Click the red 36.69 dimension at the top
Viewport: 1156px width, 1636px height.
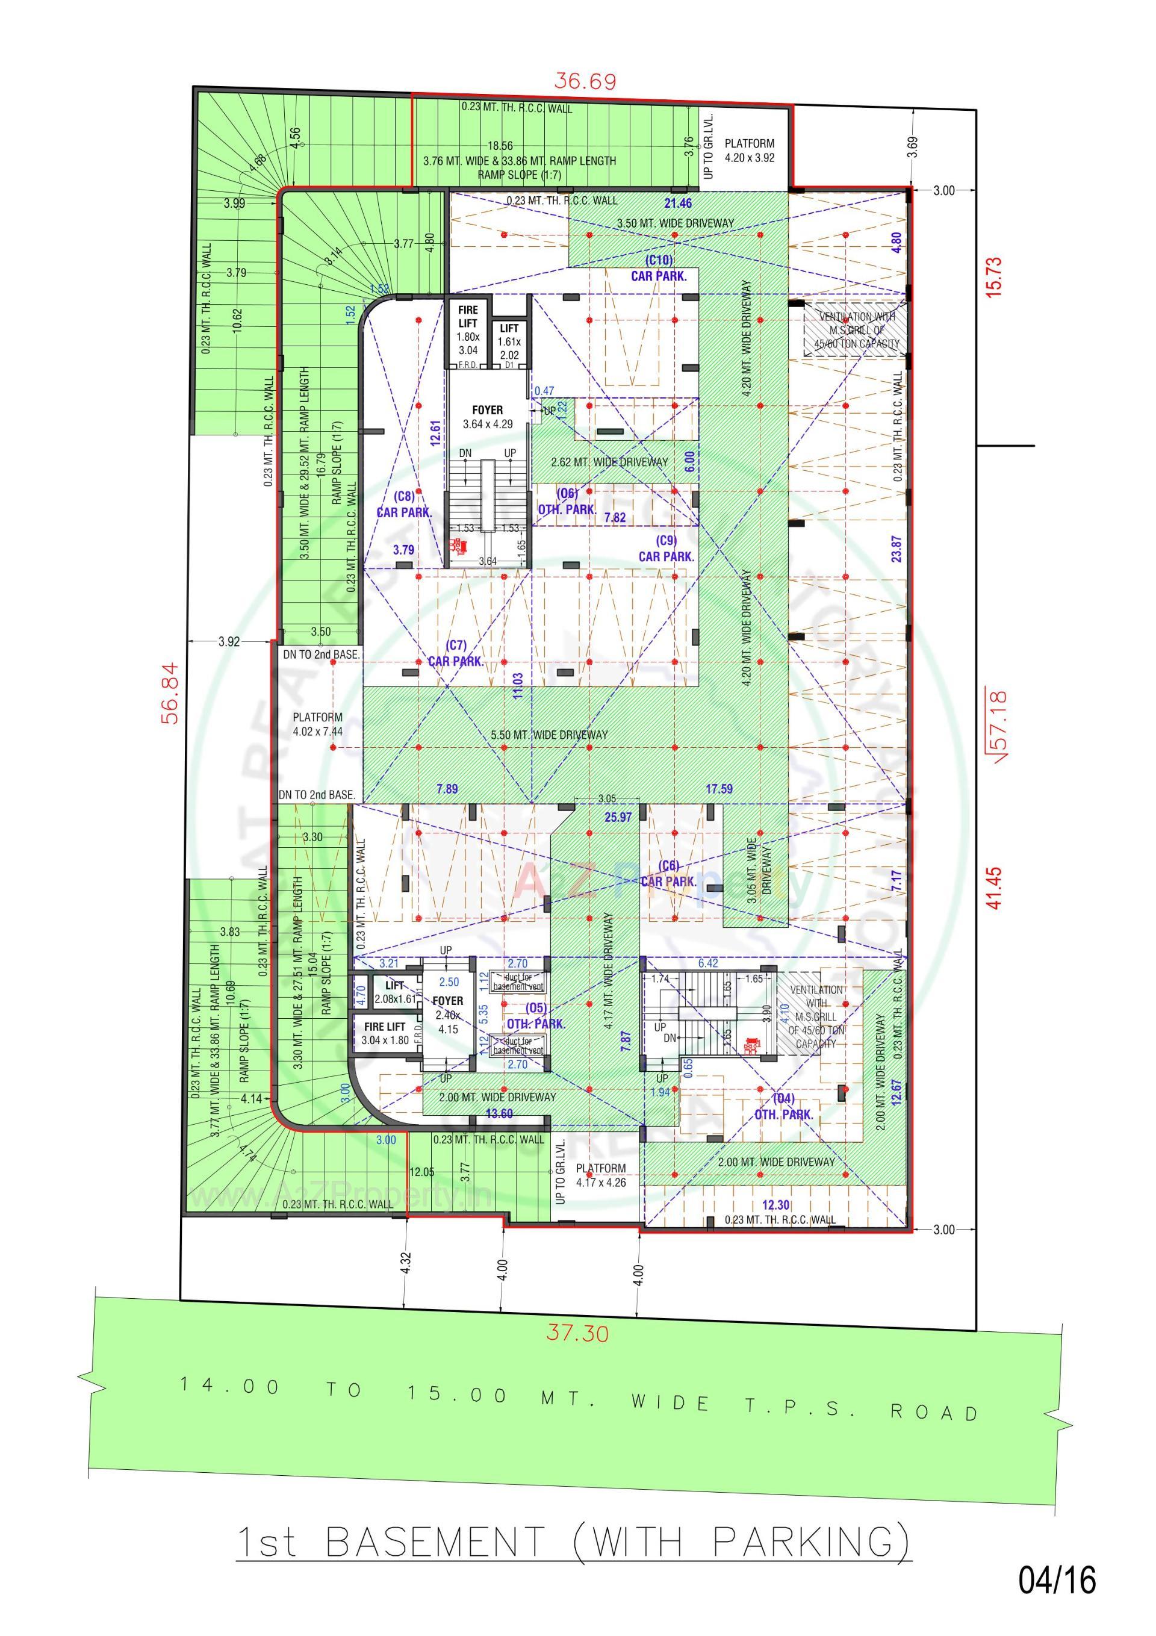(x=585, y=81)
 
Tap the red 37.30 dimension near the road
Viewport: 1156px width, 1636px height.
(x=577, y=1332)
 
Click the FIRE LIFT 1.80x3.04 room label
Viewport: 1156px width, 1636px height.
(x=468, y=330)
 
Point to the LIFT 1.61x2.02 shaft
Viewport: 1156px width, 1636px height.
(x=509, y=341)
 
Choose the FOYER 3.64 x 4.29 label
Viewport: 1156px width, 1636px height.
(x=488, y=417)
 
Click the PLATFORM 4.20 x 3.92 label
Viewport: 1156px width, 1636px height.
(x=749, y=151)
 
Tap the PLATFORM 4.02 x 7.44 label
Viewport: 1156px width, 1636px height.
(x=317, y=724)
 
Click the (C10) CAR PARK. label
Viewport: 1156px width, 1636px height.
(x=659, y=269)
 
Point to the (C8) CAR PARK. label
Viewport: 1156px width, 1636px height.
(x=404, y=505)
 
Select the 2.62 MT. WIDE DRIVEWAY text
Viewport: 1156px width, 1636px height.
(x=609, y=462)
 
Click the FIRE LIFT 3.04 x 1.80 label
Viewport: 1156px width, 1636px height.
(x=384, y=1033)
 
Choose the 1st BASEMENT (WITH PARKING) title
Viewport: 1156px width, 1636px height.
(x=574, y=1542)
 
